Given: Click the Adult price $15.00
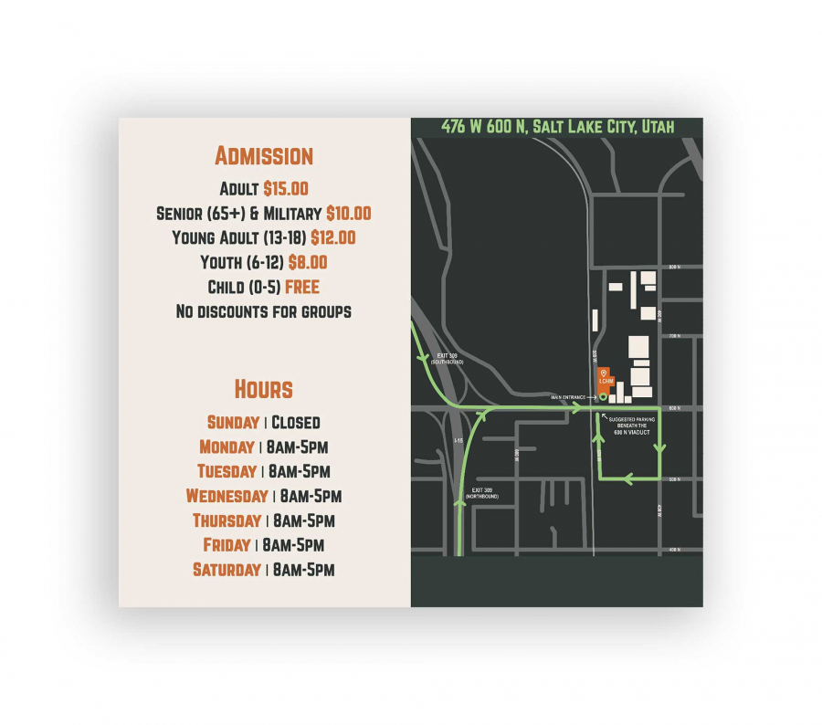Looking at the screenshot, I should tap(286, 189).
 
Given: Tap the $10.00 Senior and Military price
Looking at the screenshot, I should tap(348, 214).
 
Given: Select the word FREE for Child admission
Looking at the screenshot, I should tap(301, 287).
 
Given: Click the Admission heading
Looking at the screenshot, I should tap(264, 156).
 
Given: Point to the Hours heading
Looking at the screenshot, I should tap(263, 389).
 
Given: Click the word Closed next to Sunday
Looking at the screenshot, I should tap(296, 422).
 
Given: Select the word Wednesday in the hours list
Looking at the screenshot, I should tap(227, 496).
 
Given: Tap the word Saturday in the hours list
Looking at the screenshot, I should tap(227, 570).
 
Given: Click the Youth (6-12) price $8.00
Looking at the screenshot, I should tap(308, 262).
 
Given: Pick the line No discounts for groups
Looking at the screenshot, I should tap(263, 311).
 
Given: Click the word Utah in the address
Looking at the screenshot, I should tap(658, 126).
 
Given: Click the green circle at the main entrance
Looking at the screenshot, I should tap(603, 397).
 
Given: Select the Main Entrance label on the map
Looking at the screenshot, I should tap(567, 397).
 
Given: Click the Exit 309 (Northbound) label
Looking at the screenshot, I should tap(484, 493).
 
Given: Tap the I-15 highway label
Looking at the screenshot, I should tap(458, 439).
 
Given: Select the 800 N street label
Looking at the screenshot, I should tap(675, 267).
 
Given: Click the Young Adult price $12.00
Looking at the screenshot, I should tap(332, 237).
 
